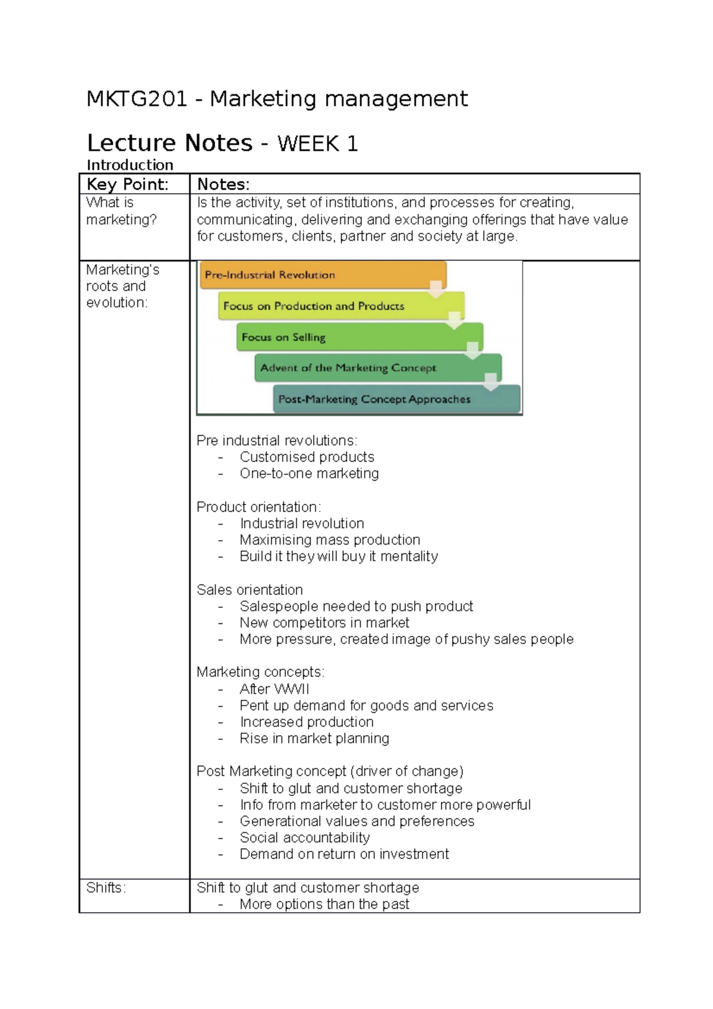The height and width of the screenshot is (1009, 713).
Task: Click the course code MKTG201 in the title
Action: [137, 99]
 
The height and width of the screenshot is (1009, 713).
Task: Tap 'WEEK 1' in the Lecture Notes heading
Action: [317, 144]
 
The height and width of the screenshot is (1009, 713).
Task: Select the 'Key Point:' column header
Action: [127, 184]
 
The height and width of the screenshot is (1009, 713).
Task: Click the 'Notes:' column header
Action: [223, 184]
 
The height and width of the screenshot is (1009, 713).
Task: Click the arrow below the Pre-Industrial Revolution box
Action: [436, 289]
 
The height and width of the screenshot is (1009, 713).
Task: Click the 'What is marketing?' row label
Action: [121, 211]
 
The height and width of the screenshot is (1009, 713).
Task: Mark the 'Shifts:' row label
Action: [106, 888]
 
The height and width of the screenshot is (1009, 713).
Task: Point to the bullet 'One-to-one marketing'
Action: [309, 474]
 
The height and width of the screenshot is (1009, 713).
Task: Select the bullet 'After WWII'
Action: [274, 689]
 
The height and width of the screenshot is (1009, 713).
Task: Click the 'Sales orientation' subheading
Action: [250, 590]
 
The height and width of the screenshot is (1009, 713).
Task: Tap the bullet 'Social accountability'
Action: [304, 838]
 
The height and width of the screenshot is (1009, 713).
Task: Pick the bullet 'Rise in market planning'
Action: [314, 739]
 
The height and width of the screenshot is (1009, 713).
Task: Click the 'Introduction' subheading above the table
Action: [130, 165]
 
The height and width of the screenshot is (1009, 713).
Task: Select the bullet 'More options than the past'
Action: [324, 904]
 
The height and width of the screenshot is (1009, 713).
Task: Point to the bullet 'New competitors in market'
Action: [324, 623]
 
